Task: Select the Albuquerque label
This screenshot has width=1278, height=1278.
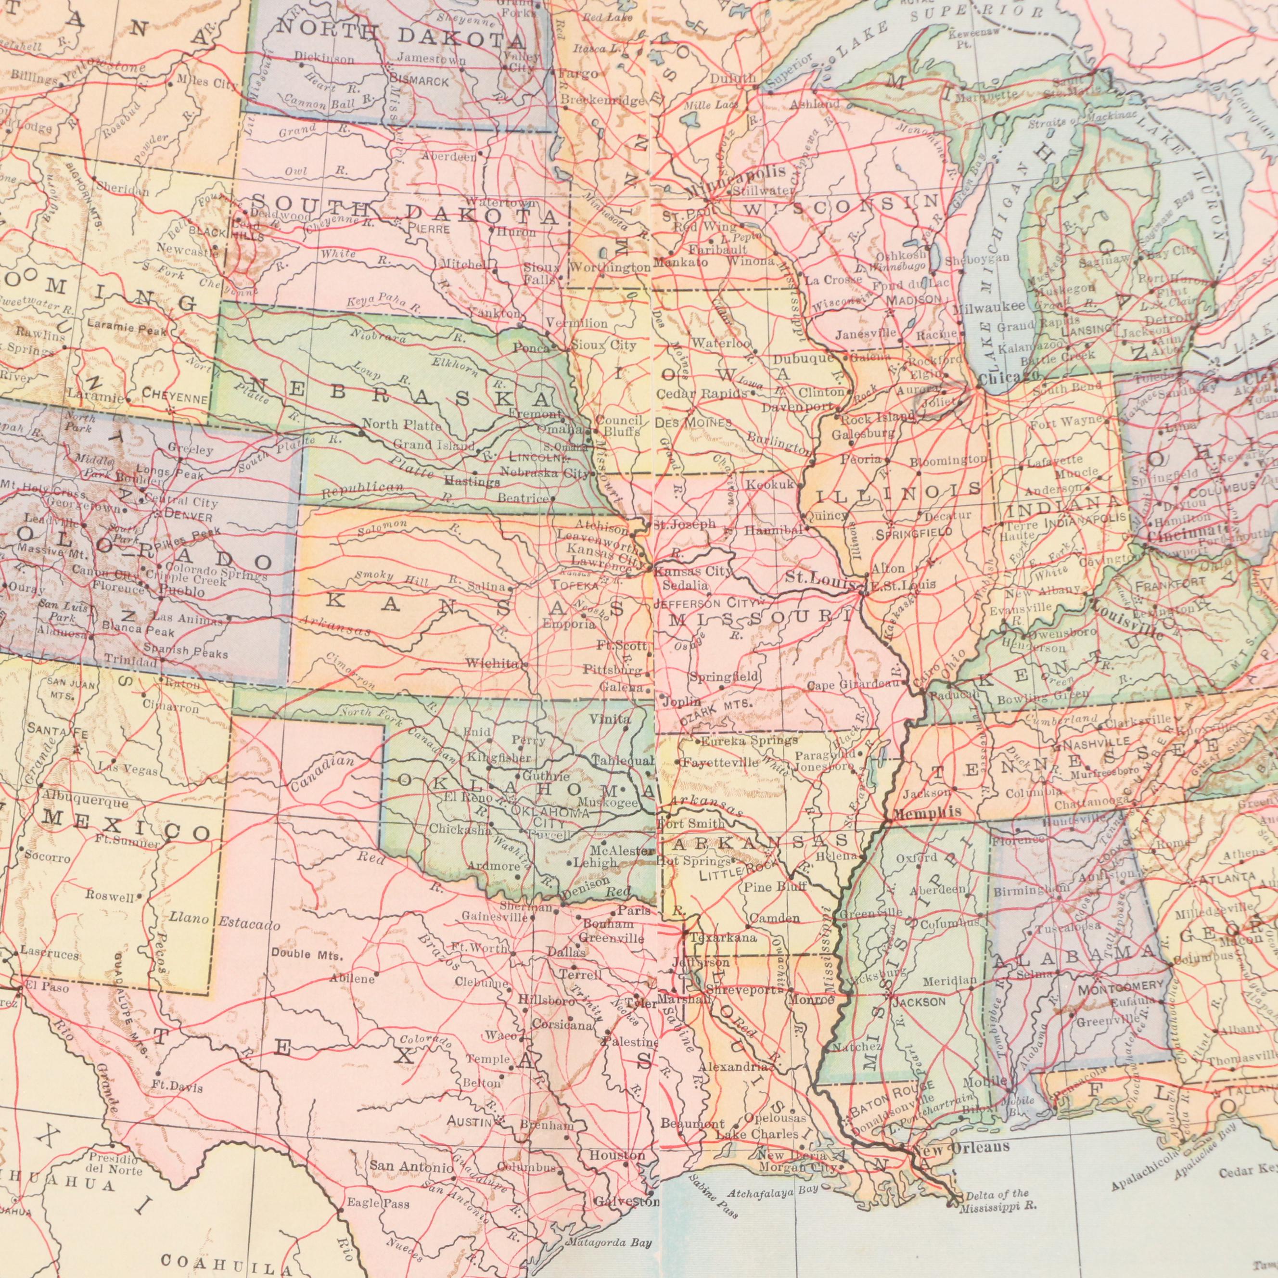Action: [85, 803]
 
